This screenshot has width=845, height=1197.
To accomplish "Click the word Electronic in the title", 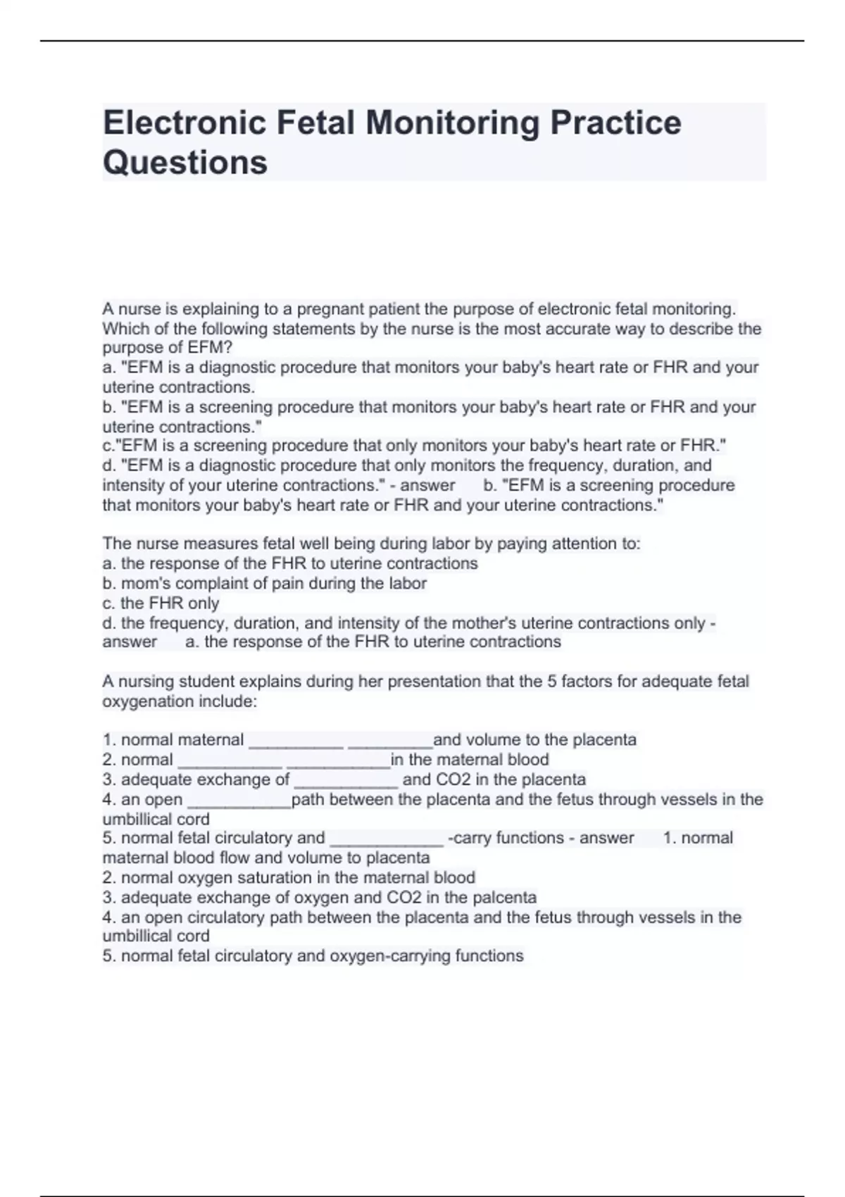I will tap(184, 123).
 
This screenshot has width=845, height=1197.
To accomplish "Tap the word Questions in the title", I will tap(185, 163).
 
